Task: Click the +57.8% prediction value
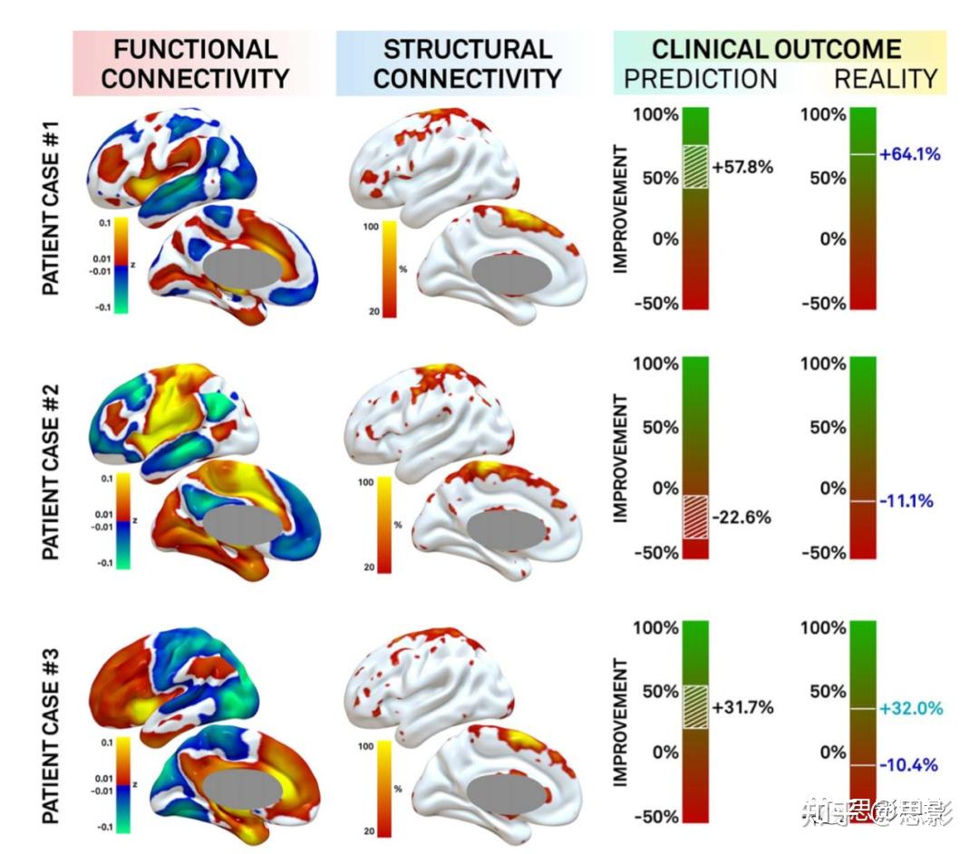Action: [x=742, y=168]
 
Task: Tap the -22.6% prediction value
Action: [x=741, y=518]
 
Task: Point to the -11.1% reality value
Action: [x=906, y=500]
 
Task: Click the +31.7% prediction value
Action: [x=742, y=707]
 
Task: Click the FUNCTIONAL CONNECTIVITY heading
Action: [x=194, y=63]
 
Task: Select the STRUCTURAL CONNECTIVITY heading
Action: [x=467, y=63]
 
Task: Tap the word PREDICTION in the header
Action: [x=700, y=79]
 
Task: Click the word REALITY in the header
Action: [x=885, y=79]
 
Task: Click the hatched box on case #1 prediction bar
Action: [x=695, y=168]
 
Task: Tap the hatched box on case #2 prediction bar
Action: [x=695, y=518]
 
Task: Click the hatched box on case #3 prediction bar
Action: [x=695, y=706]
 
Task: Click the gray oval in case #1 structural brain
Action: [x=511, y=275]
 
